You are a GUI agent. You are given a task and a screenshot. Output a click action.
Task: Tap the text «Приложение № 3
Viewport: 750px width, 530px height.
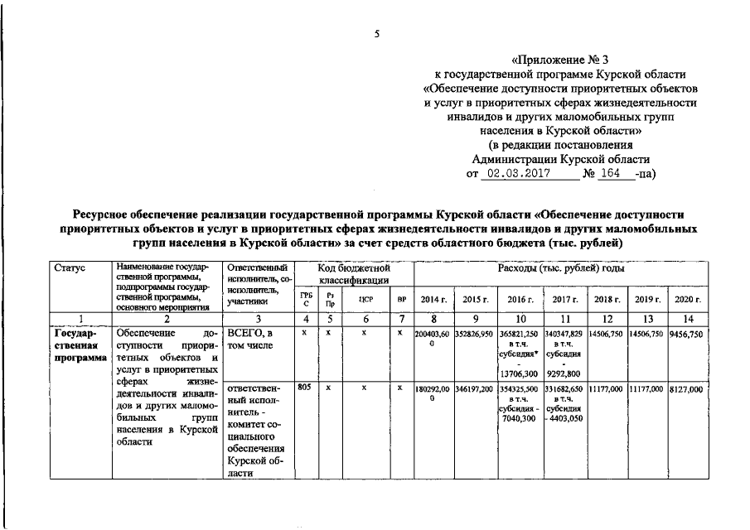tap(559, 59)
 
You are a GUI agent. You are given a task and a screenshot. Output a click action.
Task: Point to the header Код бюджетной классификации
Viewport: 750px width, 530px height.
tap(354, 275)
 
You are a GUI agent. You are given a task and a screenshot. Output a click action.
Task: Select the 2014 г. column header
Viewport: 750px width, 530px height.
tap(434, 299)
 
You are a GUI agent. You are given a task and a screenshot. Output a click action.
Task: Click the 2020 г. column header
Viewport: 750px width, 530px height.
tap(687, 299)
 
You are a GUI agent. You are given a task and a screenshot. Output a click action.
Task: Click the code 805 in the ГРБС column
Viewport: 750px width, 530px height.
tap(305, 387)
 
